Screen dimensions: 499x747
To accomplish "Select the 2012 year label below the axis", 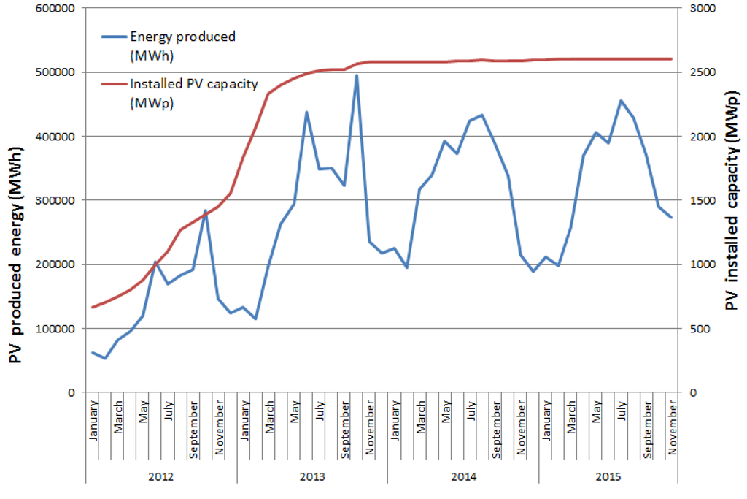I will pyautogui.click(x=160, y=476).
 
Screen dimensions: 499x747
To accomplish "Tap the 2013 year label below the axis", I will pyautogui.click(x=311, y=476).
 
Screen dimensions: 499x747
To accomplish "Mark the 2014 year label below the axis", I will pyautogui.click(x=462, y=476).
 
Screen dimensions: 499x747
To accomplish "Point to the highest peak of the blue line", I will pyautogui.click(x=357, y=75).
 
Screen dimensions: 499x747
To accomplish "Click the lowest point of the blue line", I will pyautogui.click(x=105, y=358).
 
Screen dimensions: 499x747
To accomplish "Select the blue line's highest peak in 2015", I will pyautogui.click(x=621, y=101).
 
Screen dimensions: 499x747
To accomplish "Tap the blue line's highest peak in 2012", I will pyautogui.click(x=206, y=210).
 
